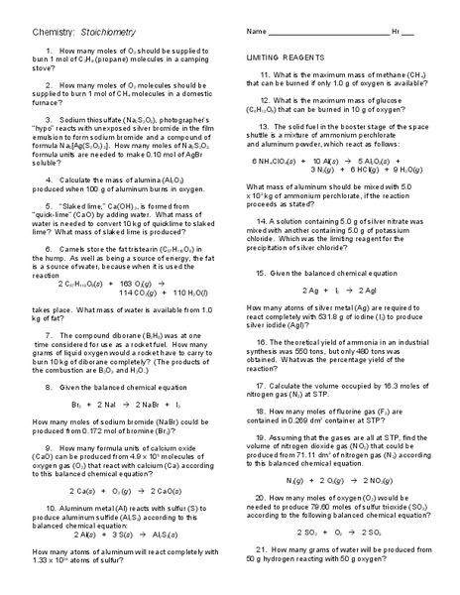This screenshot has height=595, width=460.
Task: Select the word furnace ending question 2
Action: (x=48, y=103)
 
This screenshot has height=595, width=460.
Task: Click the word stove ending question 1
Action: (x=43, y=69)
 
